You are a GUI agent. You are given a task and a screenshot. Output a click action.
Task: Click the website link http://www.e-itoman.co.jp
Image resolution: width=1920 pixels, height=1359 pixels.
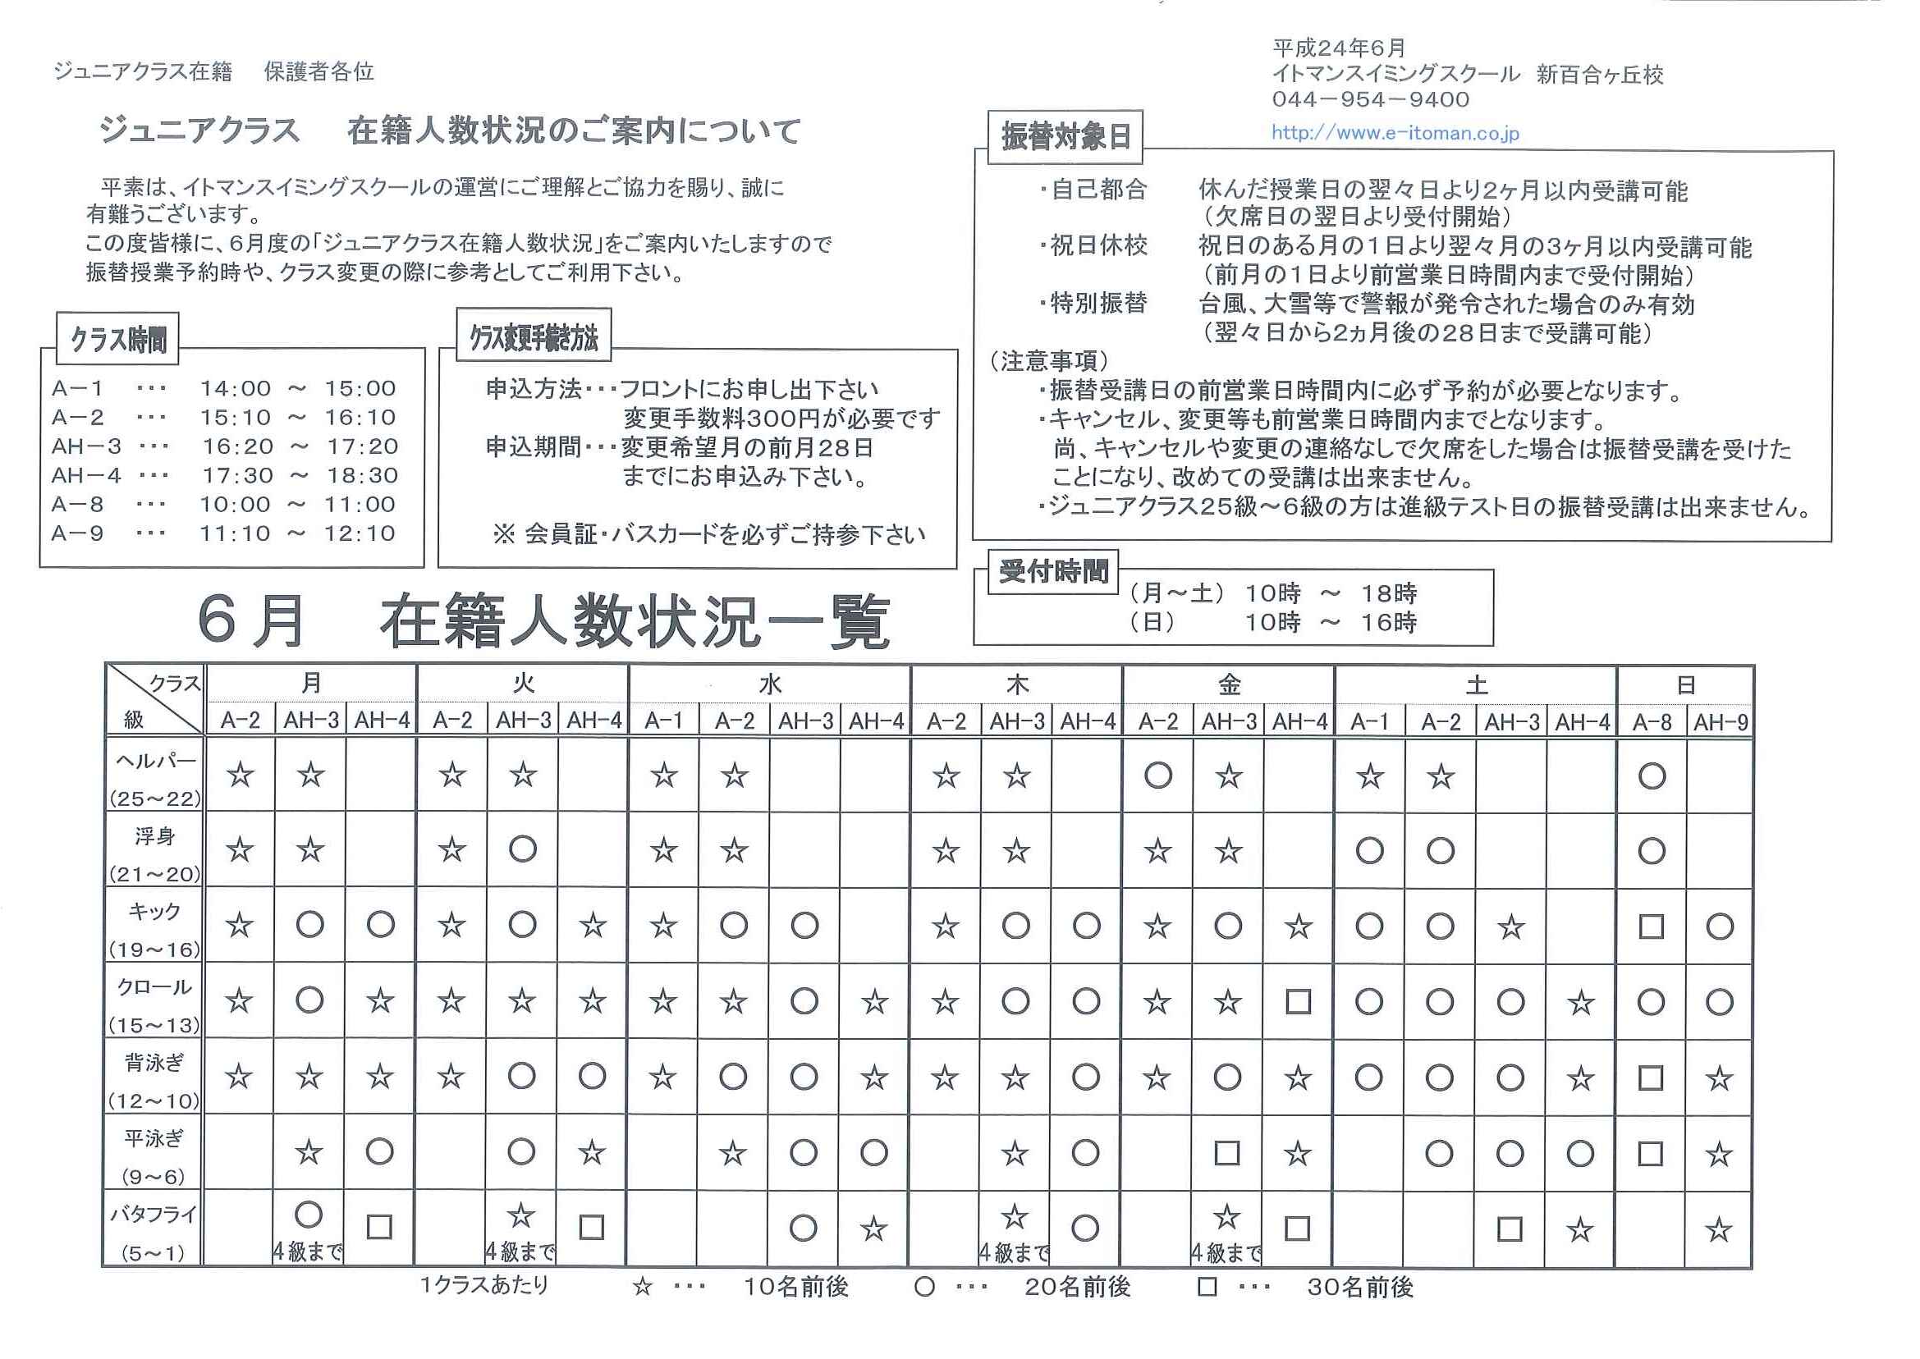[1395, 133]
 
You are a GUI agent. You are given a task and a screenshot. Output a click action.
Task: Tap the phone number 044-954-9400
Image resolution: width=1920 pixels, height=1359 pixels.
[1370, 99]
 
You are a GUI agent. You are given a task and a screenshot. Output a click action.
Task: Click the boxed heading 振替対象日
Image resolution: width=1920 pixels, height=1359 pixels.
[1065, 136]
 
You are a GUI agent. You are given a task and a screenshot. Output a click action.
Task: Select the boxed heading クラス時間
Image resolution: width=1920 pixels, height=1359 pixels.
[118, 340]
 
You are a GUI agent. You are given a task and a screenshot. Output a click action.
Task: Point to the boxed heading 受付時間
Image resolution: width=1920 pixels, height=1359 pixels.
[1053, 571]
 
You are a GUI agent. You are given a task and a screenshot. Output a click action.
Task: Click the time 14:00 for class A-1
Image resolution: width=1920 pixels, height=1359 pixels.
[236, 388]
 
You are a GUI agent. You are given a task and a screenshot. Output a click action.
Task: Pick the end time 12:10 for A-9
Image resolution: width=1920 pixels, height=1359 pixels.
[360, 533]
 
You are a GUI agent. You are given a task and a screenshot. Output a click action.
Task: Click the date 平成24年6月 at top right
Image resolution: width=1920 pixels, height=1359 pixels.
[1338, 48]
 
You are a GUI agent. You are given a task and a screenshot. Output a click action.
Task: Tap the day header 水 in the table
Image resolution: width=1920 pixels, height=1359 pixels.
[769, 684]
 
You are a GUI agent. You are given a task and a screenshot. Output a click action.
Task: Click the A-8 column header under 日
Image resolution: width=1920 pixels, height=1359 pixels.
[1652, 721]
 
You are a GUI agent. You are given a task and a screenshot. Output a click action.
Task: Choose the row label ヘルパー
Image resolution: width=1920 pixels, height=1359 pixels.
[155, 762]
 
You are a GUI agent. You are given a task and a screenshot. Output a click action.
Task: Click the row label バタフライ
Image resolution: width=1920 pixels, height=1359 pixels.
[154, 1215]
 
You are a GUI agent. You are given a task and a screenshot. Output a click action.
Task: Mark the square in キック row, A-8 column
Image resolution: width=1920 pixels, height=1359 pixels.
[1652, 927]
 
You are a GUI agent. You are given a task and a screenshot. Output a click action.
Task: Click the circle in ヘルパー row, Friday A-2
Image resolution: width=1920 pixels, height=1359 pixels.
[1157, 776]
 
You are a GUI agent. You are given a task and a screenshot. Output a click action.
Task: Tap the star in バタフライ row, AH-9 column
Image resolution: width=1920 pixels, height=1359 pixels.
[1718, 1229]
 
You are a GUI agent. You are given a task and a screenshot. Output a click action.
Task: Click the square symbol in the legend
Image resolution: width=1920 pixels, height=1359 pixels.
[1206, 1286]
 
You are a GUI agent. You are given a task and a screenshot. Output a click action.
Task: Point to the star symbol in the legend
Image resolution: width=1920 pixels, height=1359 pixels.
[642, 1286]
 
